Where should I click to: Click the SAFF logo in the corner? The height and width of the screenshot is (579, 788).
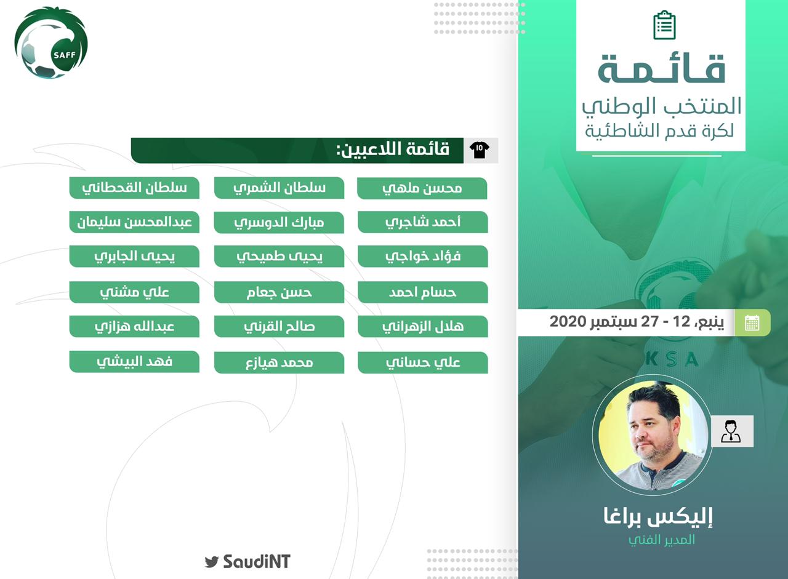pos(51,43)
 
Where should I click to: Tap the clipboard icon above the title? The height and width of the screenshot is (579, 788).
pos(664,25)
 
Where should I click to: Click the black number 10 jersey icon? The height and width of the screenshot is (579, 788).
pos(480,150)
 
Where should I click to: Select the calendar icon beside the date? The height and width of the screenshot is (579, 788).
pos(752,322)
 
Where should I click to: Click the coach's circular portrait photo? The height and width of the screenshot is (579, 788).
pos(653,435)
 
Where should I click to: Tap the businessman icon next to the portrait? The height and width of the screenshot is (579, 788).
pos(732,431)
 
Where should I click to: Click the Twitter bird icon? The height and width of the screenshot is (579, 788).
pos(212,561)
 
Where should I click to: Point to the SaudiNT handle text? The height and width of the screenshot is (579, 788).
pos(257,561)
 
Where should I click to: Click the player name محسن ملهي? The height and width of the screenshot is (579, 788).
pos(422,188)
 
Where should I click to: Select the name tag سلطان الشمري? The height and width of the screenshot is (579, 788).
pos(279,188)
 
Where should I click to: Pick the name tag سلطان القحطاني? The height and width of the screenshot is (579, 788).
pos(134,188)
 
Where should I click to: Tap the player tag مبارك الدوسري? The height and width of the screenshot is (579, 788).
pos(279,222)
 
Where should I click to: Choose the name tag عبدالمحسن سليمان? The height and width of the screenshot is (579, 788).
pos(134,222)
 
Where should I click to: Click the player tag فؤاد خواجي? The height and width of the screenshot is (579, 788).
pos(423,256)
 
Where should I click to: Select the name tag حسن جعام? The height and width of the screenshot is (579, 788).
pos(279,292)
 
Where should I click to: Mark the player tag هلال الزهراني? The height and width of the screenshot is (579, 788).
pos(423,326)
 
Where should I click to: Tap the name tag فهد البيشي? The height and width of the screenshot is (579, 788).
pos(134,361)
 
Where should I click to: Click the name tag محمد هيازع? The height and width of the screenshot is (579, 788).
pos(279,362)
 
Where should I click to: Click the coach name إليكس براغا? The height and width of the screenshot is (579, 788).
pos(658,516)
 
